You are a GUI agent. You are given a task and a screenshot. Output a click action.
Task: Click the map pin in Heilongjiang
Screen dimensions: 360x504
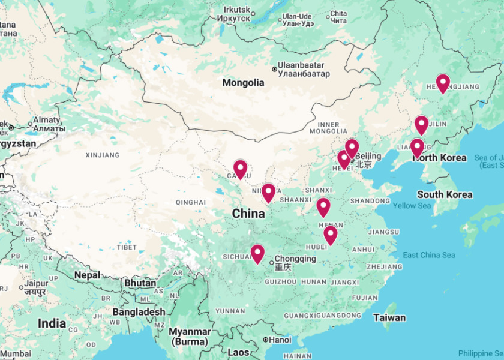pyautogui.click(x=443, y=83)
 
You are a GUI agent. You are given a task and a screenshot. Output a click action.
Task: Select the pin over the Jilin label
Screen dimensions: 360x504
pyautogui.click(x=422, y=124)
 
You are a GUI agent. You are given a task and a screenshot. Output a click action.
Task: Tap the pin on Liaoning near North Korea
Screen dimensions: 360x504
pyautogui.click(x=417, y=147)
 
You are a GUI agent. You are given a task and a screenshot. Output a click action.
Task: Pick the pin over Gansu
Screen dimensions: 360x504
pyautogui.click(x=241, y=169)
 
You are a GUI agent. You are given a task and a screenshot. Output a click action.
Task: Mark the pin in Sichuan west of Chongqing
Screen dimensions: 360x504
pyautogui.click(x=257, y=253)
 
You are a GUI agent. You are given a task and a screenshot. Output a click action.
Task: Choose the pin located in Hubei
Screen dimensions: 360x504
pyautogui.click(x=331, y=235)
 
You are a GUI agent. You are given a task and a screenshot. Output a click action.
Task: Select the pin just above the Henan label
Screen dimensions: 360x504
pyautogui.click(x=323, y=206)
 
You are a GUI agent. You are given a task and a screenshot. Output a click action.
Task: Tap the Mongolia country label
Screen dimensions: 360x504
pyautogui.click(x=243, y=83)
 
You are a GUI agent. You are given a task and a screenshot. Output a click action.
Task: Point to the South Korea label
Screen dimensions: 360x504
pyautogui.click(x=445, y=194)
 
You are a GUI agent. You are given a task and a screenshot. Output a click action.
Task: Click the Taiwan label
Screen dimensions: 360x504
pyautogui.click(x=389, y=317)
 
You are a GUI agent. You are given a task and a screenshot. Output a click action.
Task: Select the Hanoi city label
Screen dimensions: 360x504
pyautogui.click(x=281, y=340)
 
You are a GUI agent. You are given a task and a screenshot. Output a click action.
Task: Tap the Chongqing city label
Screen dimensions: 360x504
pyautogui.click(x=295, y=259)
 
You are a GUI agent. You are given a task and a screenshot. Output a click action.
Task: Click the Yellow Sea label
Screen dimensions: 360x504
pyautogui.click(x=412, y=206)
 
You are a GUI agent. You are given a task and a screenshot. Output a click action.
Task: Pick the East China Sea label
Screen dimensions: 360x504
pyautogui.click(x=428, y=256)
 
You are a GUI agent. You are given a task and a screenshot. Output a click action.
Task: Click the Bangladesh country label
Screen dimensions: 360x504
pyautogui.click(x=138, y=312)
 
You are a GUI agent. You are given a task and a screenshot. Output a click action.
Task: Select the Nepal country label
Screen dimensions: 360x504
pyautogui.click(x=87, y=275)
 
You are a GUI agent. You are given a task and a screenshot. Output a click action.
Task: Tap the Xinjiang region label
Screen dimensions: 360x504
pyautogui.click(x=103, y=155)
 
